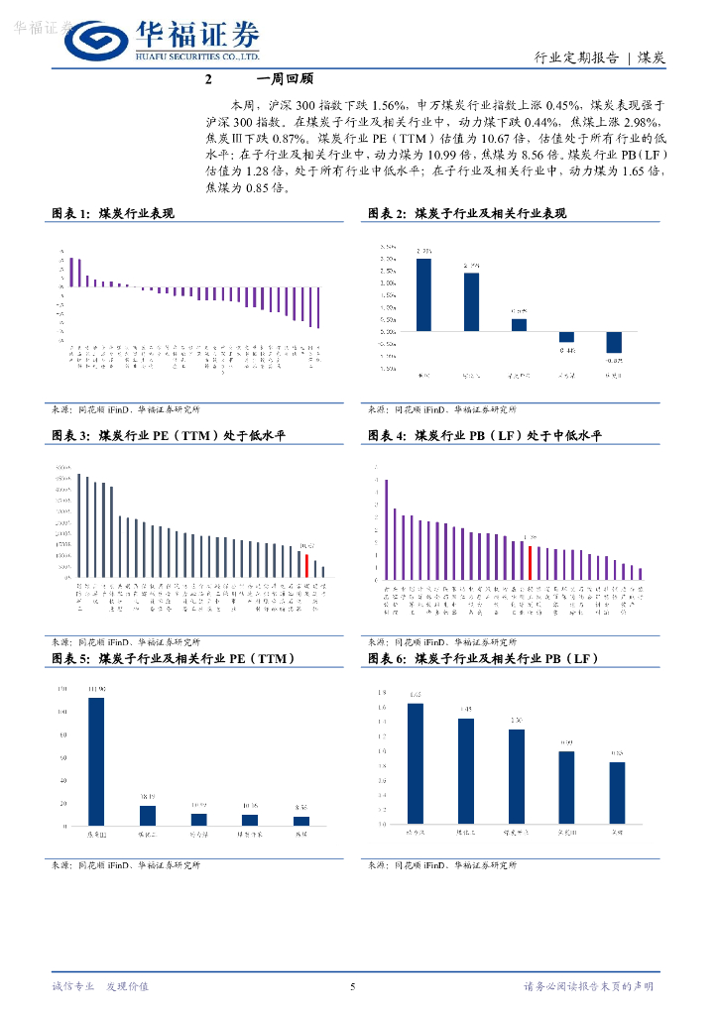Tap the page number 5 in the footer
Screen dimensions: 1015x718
pyautogui.click(x=353, y=986)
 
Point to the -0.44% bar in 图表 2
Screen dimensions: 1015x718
pyautogui.click(x=566, y=336)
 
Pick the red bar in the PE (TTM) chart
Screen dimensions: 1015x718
pyautogui.click(x=306, y=565)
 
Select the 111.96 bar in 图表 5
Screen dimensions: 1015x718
pyautogui.click(x=96, y=760)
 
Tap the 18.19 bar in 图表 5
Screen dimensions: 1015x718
pyautogui.click(x=148, y=815)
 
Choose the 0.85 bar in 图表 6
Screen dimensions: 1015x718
pyautogui.click(x=617, y=792)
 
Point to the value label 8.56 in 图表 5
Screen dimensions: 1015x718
pyautogui.click(x=301, y=809)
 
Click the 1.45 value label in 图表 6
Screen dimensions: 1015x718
pyautogui.click(x=466, y=709)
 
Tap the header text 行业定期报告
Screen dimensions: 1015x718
pyautogui.click(x=576, y=57)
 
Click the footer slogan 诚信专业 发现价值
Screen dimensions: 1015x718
pyautogui.click(x=99, y=986)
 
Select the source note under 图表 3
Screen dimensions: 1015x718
pyautogui.click(x=125, y=641)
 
